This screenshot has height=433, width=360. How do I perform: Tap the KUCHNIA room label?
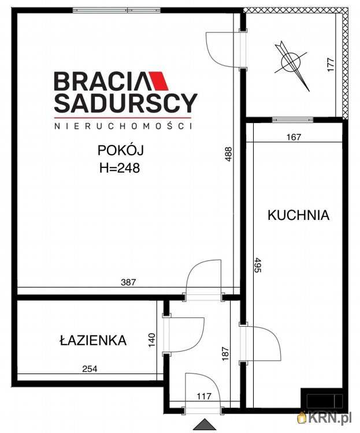pyautogui.click(x=298, y=215)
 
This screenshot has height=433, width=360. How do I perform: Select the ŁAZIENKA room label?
pyautogui.click(x=92, y=341)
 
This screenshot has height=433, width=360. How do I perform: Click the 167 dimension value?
pyautogui.click(x=295, y=137)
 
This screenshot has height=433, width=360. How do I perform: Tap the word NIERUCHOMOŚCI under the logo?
pyautogui.click(x=123, y=125)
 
